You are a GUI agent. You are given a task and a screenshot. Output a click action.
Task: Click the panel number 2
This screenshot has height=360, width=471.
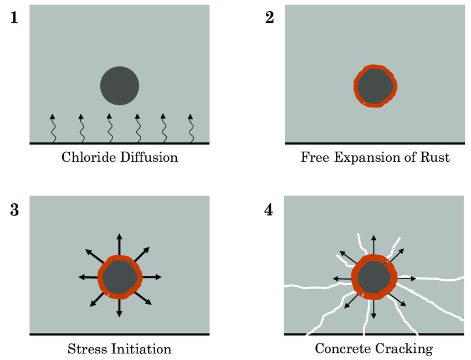pyautogui.click(x=270, y=18)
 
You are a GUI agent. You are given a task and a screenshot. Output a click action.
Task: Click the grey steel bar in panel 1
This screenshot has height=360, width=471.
pyautogui.click(x=119, y=86)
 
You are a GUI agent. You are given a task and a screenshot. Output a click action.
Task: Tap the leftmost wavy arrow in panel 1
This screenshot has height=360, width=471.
pyautogui.click(x=53, y=128)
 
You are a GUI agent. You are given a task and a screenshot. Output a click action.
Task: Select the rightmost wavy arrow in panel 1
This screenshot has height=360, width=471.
pyautogui.click(x=191, y=128)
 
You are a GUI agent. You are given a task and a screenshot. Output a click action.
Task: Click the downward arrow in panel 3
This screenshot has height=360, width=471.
pyautogui.click(x=119, y=307)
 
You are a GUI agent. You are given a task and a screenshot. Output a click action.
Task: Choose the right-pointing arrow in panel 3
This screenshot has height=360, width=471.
pyautogui.click(x=152, y=276)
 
